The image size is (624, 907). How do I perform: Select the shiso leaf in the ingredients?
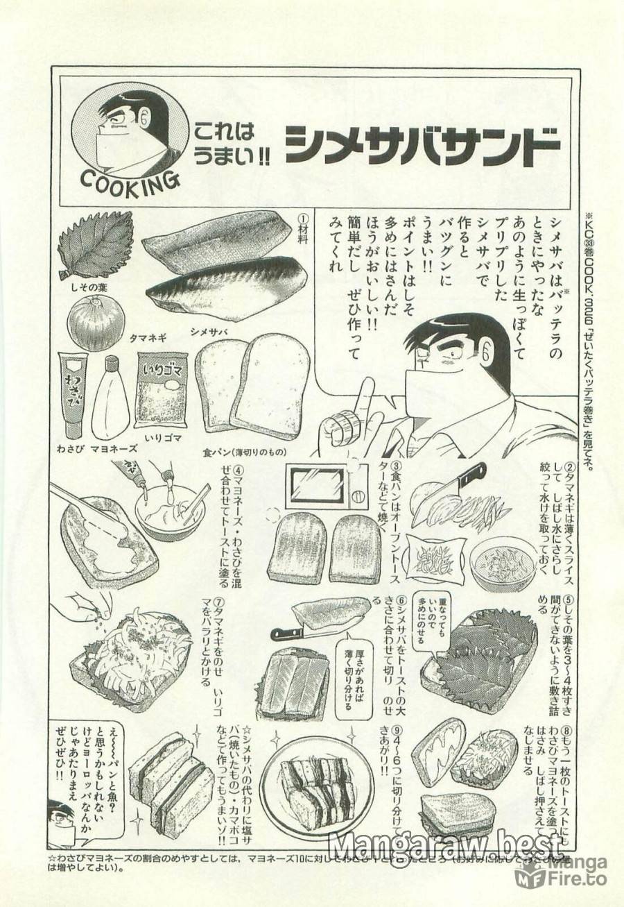96,245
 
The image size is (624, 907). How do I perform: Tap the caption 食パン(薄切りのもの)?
244,449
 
